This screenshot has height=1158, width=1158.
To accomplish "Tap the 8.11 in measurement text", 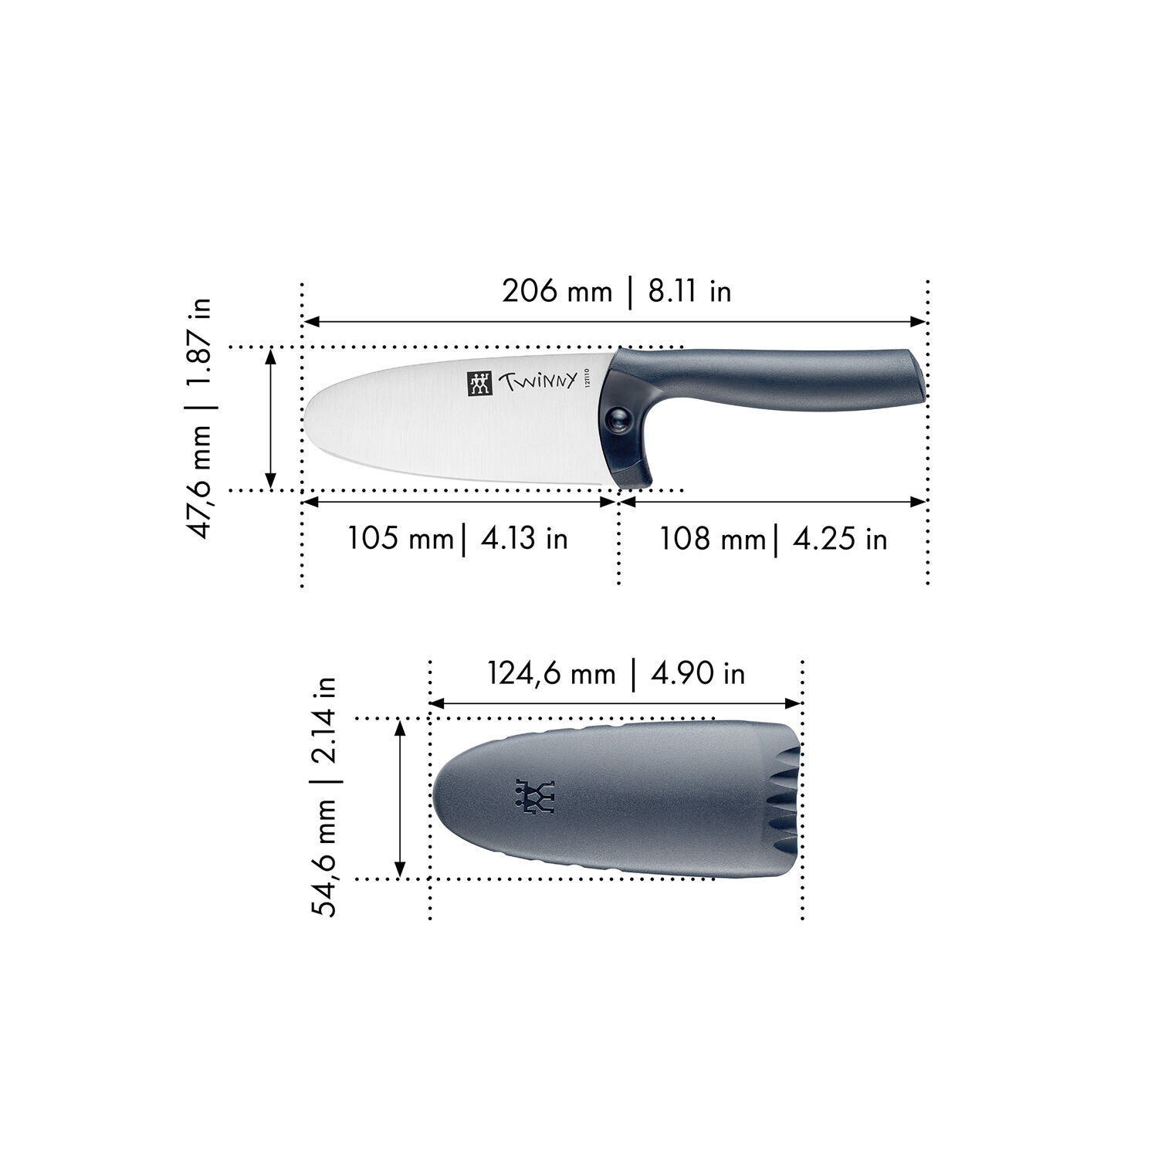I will (x=689, y=292).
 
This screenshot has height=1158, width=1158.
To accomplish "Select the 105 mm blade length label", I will (x=400, y=538).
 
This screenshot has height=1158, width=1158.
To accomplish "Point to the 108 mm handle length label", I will (x=711, y=539).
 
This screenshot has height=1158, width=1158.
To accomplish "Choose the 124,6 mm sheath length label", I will (x=551, y=674).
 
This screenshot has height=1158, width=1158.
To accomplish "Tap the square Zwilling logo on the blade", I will (x=479, y=384).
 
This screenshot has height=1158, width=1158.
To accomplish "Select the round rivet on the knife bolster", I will (x=618, y=418).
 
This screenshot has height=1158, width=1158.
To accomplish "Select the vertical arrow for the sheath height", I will (x=400, y=798).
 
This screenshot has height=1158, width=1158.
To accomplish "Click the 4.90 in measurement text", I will (x=698, y=674).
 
